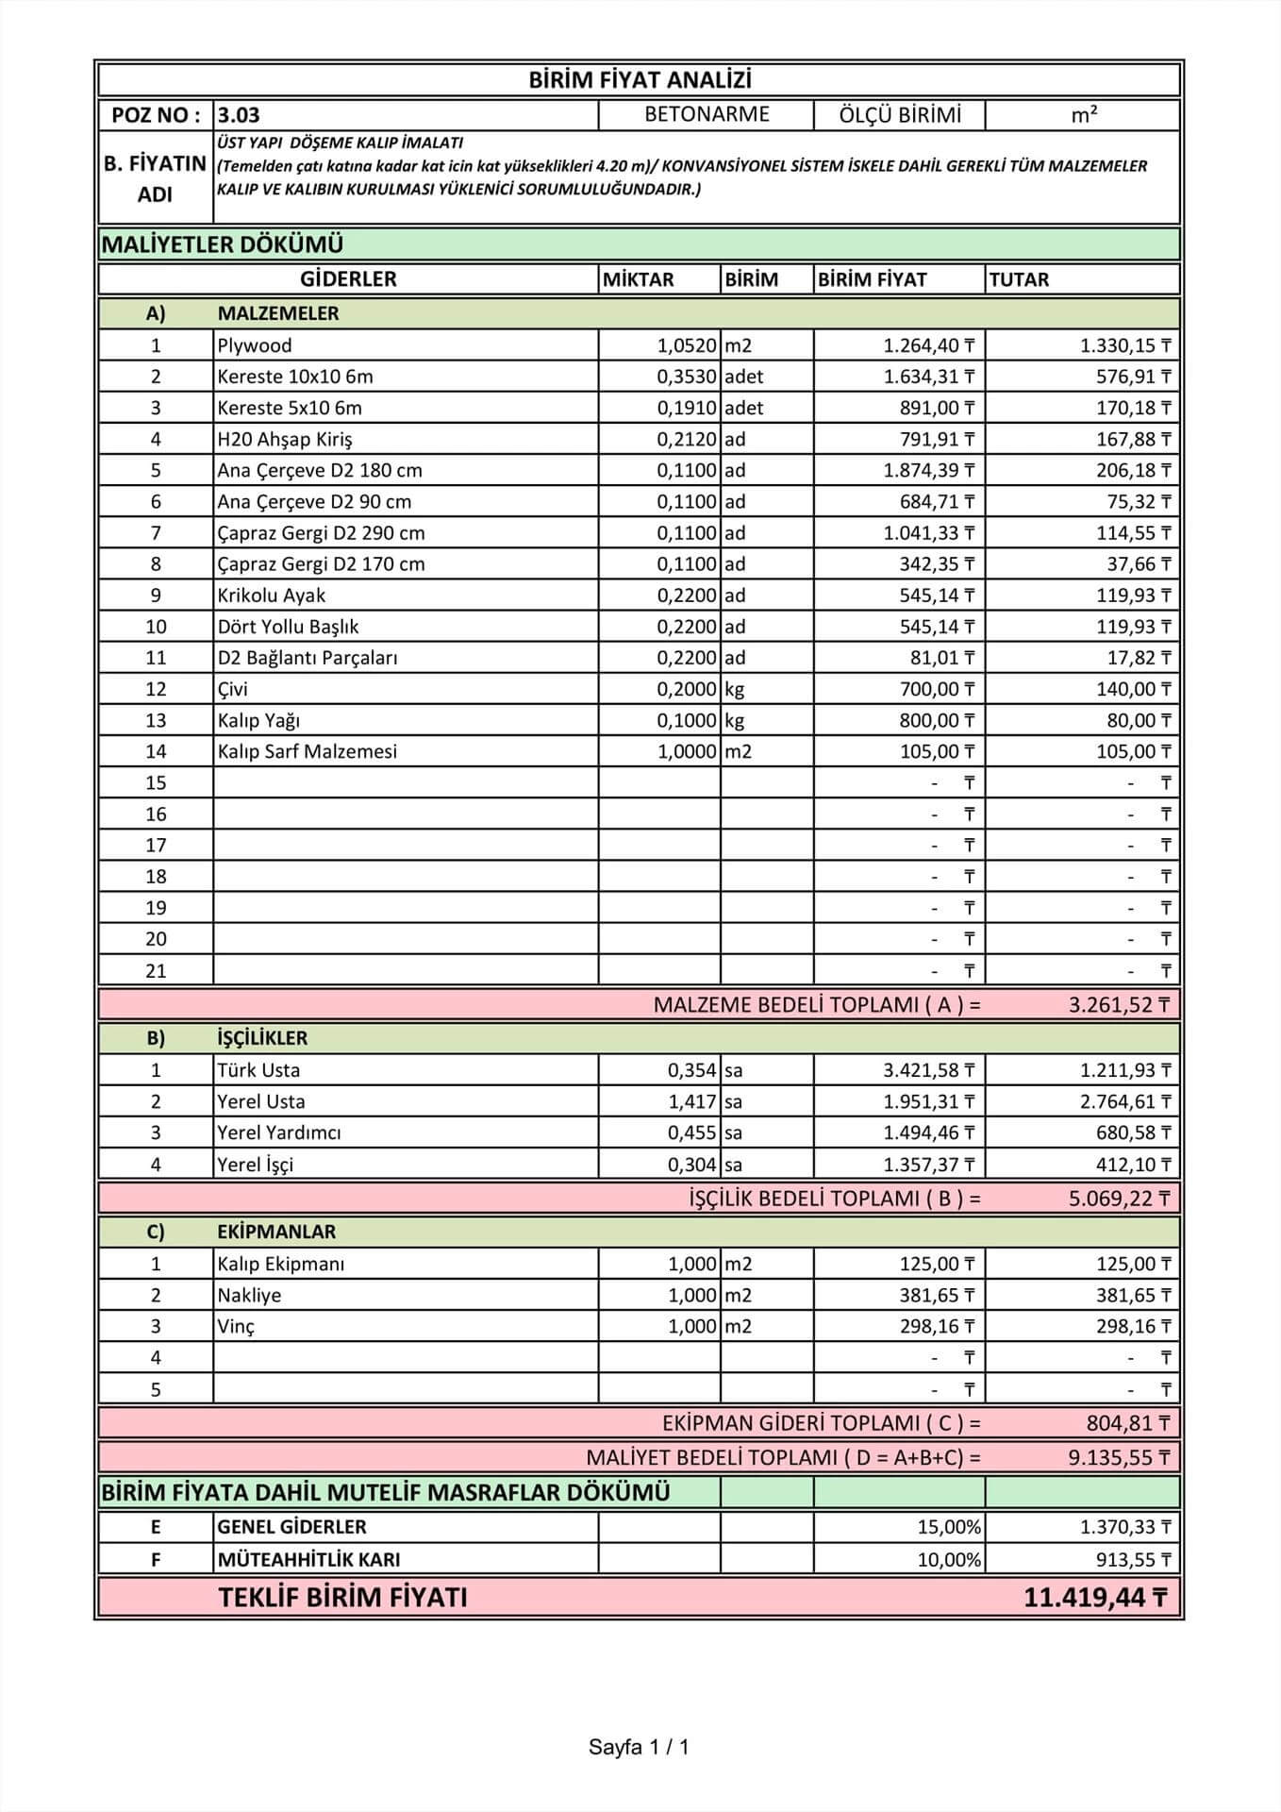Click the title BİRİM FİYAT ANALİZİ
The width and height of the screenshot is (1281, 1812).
(640, 80)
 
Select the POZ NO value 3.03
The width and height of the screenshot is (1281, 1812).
(239, 115)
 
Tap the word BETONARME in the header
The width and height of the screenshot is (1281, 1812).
(707, 114)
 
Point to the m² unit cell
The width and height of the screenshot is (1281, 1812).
(1084, 115)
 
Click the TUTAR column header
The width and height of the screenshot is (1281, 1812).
(1019, 279)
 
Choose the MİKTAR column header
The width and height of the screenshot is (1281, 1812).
(639, 279)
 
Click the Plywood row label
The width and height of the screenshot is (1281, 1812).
(255, 345)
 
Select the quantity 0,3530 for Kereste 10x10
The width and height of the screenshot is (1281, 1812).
(687, 377)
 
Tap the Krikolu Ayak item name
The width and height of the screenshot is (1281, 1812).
(271, 596)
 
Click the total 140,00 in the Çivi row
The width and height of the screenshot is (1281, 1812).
(1132, 689)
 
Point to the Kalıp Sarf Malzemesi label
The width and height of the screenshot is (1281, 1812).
(307, 751)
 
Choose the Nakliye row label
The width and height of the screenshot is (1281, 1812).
(249, 1295)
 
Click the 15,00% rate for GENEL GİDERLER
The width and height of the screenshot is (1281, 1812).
(949, 1527)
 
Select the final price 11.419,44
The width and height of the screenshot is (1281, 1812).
(1094, 1598)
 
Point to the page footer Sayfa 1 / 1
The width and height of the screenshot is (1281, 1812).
(639, 1747)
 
